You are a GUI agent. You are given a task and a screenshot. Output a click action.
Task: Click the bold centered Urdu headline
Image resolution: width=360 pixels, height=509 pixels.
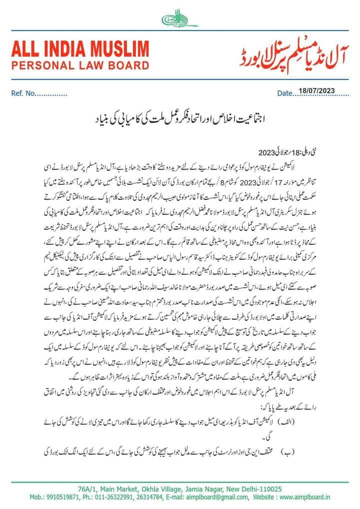[x=179, y=121]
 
